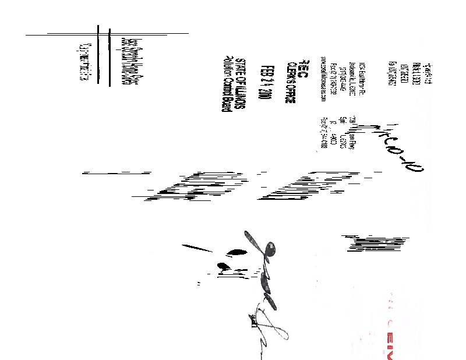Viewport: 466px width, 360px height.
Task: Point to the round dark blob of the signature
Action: pos(270,249)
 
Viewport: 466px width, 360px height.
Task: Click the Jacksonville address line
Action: pos(351,85)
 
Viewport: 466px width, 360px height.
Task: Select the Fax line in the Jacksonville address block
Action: pos(334,84)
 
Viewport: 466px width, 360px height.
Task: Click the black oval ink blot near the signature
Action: pos(235,252)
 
